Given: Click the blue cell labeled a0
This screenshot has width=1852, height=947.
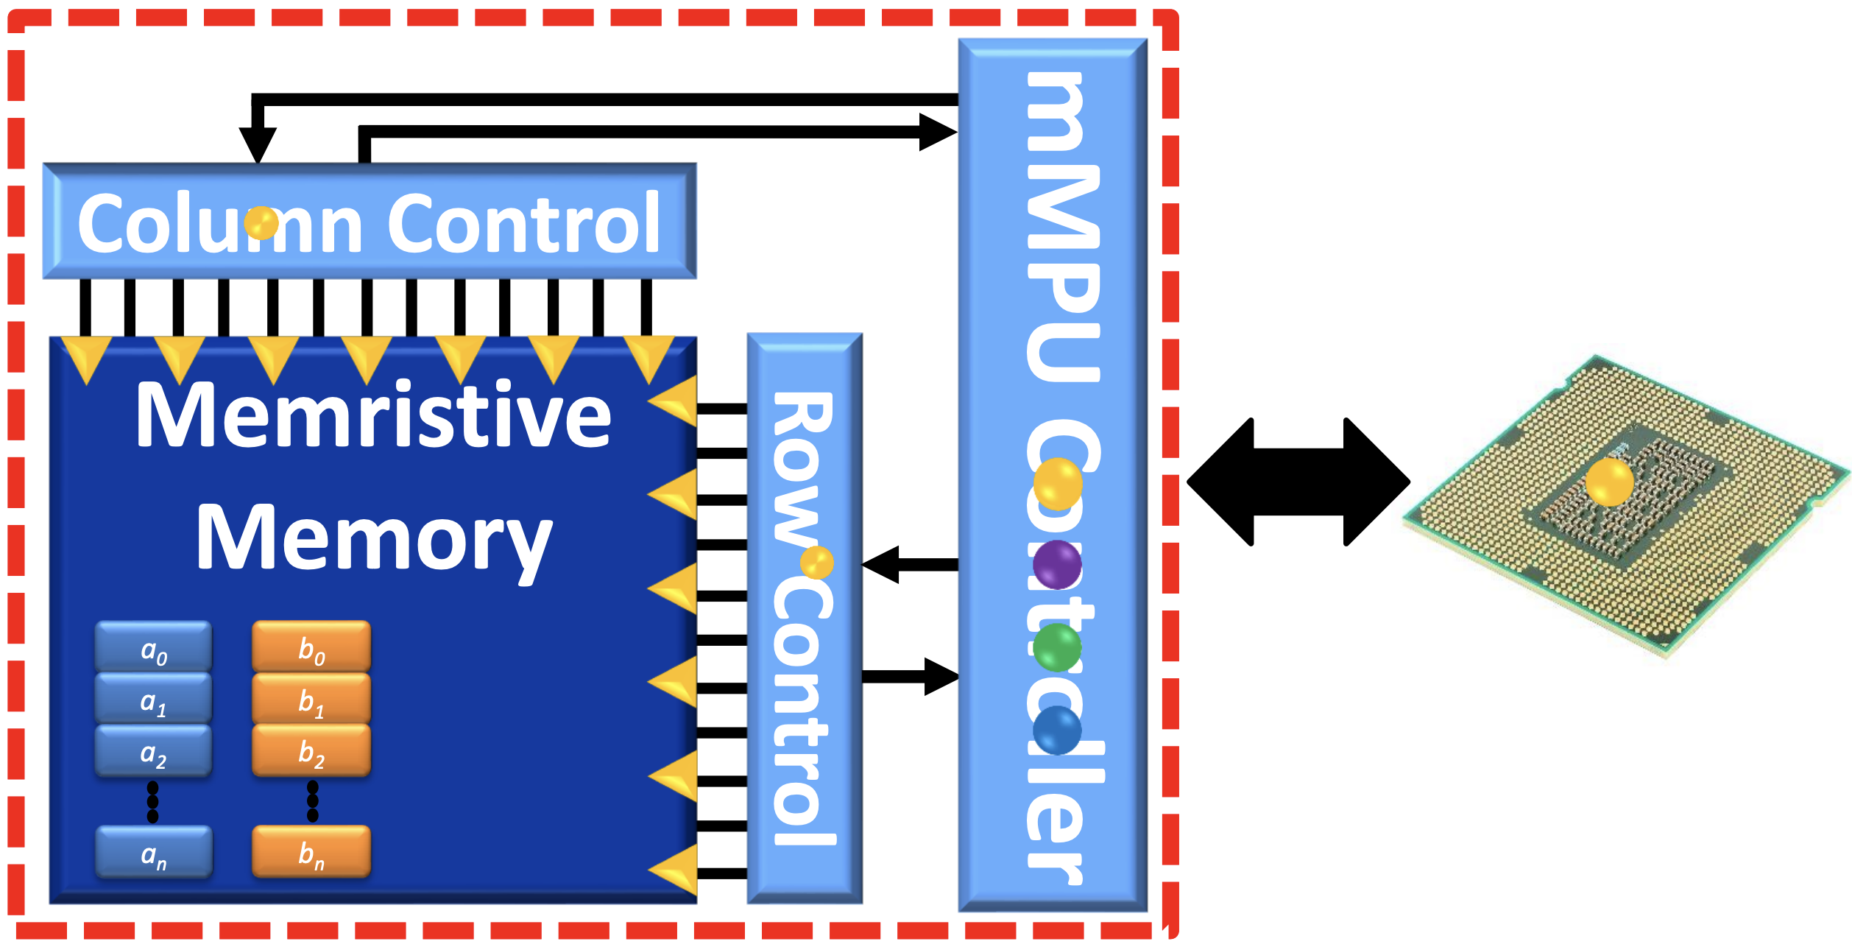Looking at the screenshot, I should coord(153,647).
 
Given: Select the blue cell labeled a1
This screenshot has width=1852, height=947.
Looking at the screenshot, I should coord(153,699).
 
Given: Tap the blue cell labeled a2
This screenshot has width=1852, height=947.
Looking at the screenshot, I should coord(153,750).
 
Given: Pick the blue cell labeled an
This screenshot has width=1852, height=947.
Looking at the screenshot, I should coord(153,852).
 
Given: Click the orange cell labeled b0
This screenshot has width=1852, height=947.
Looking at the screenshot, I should coord(311,647).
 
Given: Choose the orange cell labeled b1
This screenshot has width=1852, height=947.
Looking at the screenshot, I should coord(311,698).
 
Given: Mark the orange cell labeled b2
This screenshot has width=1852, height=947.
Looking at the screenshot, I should coord(311,750).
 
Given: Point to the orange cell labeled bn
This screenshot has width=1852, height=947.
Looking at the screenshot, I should coord(311,851).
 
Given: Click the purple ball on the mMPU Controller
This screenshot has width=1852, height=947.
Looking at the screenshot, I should coord(1057,565).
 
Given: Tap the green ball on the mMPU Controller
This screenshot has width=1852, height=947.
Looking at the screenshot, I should coord(1057,647).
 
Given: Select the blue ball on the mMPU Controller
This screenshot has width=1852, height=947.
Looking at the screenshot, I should coord(1057,731).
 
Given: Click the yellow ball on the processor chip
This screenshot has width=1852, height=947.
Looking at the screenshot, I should coord(1609,482).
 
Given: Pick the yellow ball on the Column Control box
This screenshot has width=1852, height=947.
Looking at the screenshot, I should coord(261,222).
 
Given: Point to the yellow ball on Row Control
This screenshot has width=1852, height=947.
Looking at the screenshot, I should coord(816,563).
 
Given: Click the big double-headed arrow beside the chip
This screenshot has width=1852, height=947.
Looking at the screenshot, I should coord(1298,482).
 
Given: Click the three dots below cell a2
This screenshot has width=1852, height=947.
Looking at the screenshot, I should coord(152,802).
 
